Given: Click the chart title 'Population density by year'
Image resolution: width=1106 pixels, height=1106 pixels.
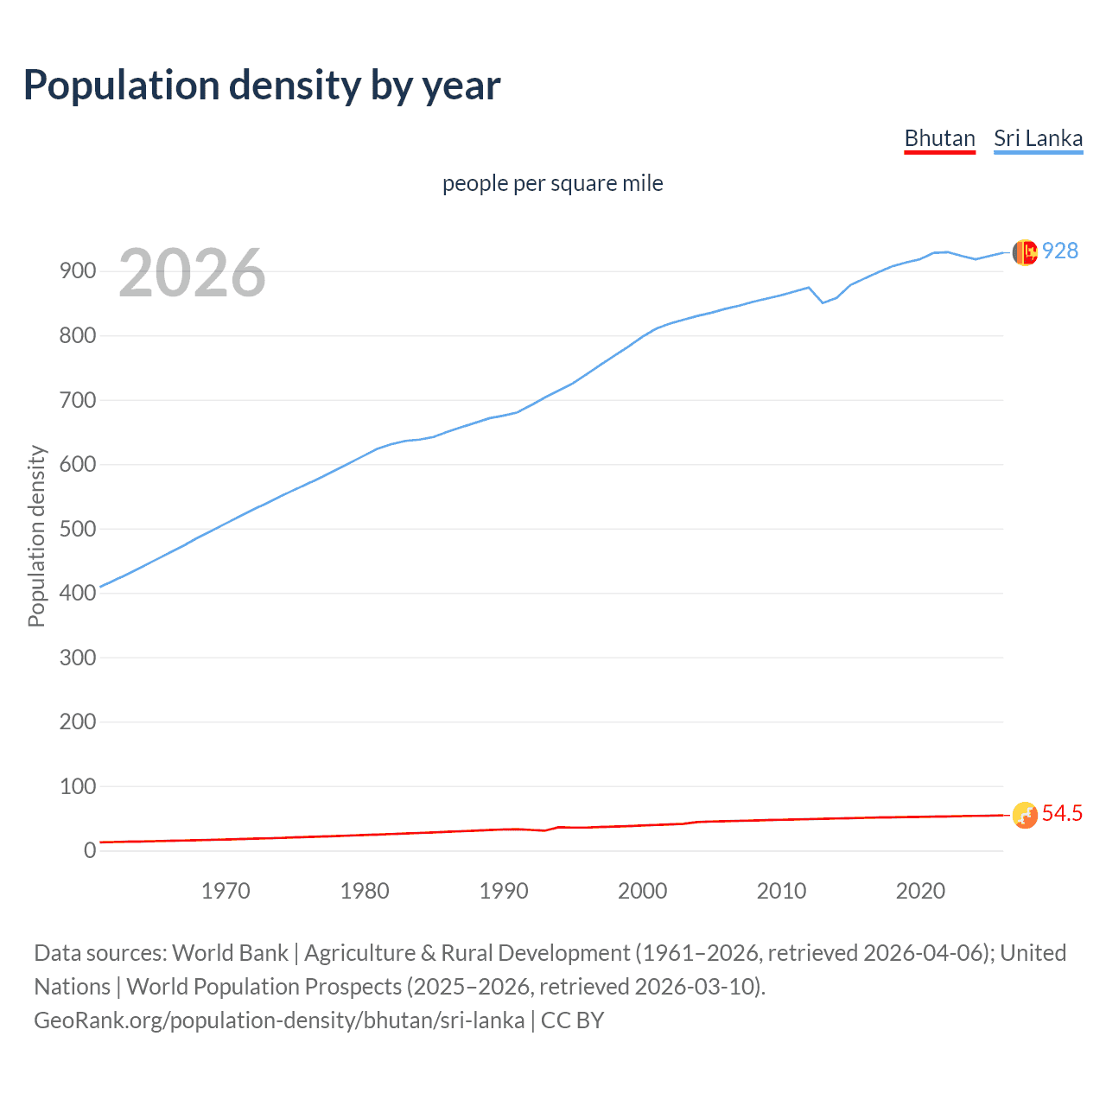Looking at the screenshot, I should coord(262,86).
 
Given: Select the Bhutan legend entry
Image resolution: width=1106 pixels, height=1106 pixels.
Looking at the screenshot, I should coord(939,138).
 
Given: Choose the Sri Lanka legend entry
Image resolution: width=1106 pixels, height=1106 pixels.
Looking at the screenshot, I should coord(1038,138).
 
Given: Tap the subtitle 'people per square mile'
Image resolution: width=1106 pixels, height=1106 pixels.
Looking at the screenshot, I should coord(552,183).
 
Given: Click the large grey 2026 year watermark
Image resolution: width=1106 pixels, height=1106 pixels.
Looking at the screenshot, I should coord(192,273).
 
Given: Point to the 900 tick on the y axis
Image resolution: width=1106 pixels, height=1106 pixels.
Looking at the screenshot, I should coord(77,271).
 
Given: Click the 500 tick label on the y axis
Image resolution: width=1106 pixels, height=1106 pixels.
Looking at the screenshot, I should coord(77,529).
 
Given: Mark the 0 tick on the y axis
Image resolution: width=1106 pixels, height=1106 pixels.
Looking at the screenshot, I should coord(90,851).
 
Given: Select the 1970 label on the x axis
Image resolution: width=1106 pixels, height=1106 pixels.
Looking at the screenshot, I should coord(226,891).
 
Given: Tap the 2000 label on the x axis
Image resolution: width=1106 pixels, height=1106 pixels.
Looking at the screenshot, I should coord(642,891).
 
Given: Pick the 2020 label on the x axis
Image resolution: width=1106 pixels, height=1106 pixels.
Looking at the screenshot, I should coord(920,891).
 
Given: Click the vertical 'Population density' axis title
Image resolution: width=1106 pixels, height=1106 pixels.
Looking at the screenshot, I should coord(36,536).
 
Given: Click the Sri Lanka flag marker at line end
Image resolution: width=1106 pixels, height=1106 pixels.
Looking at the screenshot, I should coord(1024,252).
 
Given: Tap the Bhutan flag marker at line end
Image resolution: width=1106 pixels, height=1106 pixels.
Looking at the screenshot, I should coord(1024,815).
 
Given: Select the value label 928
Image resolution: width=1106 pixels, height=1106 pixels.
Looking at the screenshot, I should coord(1060,251).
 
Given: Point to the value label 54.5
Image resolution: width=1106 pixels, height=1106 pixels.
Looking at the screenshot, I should coord(1062,814).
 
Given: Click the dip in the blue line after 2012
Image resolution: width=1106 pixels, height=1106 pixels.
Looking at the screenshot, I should coord(823,302).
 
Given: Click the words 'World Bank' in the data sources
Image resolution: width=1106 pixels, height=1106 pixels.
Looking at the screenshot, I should coord(230,953).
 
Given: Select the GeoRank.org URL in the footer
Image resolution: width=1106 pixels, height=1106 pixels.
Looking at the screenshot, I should coord(279,1020).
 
